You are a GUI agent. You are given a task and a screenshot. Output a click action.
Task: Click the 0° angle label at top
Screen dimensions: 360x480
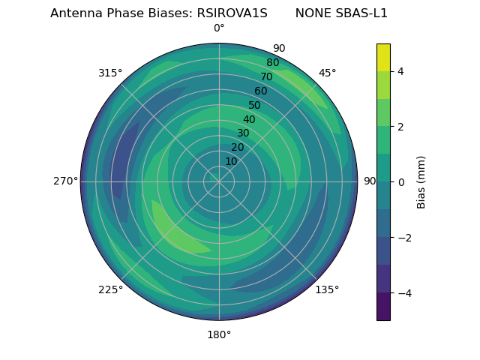[x=219, y=28]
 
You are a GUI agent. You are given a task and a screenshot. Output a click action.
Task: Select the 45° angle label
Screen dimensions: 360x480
[x=327, y=73]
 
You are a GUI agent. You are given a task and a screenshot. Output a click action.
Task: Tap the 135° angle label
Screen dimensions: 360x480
[x=327, y=289]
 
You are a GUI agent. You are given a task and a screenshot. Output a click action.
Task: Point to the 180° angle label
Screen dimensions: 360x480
[x=219, y=334]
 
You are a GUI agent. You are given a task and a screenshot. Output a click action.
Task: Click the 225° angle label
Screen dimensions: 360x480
[x=110, y=289]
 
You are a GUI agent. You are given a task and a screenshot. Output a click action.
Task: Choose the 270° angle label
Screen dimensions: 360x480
[x=65, y=181]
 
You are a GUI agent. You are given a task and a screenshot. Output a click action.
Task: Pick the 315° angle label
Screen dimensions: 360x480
[x=110, y=73]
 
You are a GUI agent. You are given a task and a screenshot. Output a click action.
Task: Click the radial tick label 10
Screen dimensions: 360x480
[x=231, y=161]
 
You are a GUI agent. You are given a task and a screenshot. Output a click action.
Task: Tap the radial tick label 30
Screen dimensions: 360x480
[x=243, y=133]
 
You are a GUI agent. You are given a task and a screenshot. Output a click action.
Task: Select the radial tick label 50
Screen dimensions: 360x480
[x=255, y=106]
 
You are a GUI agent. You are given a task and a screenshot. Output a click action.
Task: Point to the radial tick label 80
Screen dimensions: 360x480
[x=272, y=63]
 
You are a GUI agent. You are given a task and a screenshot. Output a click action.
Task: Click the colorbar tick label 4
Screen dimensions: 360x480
[x=400, y=71]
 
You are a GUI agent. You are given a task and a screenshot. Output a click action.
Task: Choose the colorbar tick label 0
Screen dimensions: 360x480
[x=400, y=182]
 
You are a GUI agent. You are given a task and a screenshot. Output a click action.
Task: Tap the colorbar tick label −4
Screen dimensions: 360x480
[x=403, y=293]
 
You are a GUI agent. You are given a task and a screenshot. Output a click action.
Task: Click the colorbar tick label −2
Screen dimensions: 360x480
[x=403, y=238]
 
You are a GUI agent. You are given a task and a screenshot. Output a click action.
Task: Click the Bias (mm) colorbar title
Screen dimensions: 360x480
[x=421, y=182]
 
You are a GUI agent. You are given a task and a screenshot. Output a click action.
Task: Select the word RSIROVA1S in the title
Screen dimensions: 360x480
[x=232, y=13]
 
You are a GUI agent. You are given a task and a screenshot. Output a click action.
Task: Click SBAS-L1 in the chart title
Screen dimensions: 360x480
[x=363, y=13]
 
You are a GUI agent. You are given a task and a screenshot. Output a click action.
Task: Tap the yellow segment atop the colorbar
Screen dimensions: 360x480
[x=383, y=57]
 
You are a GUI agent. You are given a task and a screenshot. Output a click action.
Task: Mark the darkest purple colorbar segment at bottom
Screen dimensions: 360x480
[x=383, y=307]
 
